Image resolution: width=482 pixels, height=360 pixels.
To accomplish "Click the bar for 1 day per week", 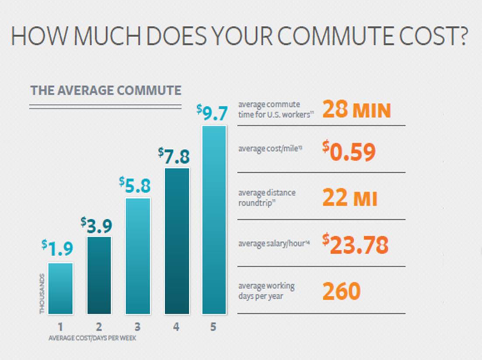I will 60,288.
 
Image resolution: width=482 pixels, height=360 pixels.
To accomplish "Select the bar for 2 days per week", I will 99,275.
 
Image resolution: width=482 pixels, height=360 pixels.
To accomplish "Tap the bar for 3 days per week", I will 138,256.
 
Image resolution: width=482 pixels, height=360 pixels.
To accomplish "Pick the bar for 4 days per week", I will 177,241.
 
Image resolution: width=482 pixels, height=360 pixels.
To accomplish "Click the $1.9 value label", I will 57,248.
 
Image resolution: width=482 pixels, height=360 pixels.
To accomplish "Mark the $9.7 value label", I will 213,112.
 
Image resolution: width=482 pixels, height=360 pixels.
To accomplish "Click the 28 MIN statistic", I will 356,110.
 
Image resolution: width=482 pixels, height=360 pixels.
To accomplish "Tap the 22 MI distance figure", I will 349,199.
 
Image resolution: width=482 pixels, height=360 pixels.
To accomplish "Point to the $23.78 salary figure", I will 355,245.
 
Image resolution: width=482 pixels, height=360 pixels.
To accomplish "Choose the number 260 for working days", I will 341,291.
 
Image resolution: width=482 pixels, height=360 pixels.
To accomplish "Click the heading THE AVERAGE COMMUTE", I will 105,91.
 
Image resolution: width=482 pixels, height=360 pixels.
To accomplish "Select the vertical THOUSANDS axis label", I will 42,294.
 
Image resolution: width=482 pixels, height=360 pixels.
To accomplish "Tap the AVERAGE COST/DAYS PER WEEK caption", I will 95,338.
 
